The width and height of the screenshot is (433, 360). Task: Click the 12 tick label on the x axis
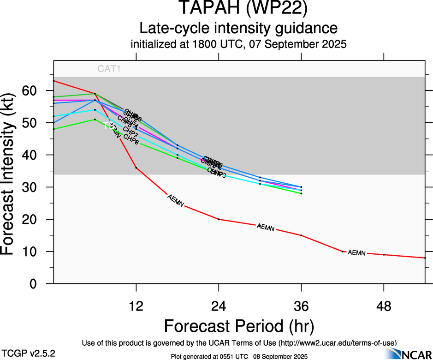pos(136,306)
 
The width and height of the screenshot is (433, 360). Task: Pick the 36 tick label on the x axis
pos(301,306)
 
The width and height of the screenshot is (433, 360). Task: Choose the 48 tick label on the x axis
pos(384,306)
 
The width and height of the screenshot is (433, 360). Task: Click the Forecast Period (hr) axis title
pos(239,326)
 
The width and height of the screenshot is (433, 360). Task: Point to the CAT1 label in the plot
pos(109,69)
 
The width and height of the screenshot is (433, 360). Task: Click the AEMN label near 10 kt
pos(356,253)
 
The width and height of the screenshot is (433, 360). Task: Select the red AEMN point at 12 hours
pos(136,168)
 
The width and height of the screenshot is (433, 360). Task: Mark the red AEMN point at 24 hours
pos(219,219)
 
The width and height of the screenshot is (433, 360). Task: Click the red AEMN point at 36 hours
pos(301,235)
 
